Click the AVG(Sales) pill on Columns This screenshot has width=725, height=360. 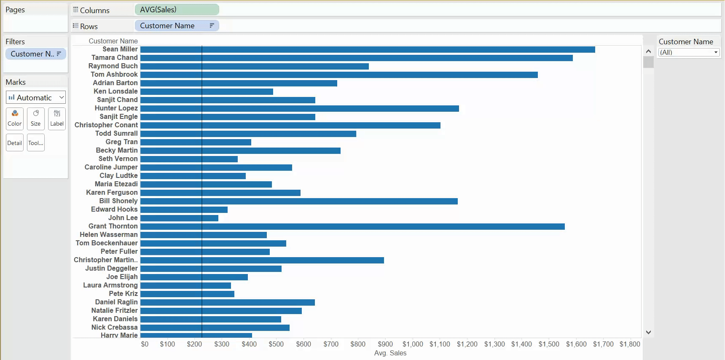click(x=176, y=10)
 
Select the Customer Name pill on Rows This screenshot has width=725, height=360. click(x=176, y=26)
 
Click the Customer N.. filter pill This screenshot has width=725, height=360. click(x=35, y=54)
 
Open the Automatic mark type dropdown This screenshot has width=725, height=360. click(x=36, y=97)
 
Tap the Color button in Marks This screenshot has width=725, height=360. click(x=15, y=118)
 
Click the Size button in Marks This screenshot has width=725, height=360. click(x=36, y=118)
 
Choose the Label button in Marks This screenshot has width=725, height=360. click(x=57, y=118)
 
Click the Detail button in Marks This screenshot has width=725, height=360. click(x=15, y=143)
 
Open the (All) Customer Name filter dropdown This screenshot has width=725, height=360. click(x=689, y=52)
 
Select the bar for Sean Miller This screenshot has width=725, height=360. click(x=367, y=49)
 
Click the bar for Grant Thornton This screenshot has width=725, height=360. click(x=352, y=226)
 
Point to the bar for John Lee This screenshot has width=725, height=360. click(x=179, y=218)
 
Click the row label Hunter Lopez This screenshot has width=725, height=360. click(x=116, y=108)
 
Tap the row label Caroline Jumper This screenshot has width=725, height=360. click(x=111, y=167)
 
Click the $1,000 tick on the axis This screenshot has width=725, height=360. click(x=413, y=344)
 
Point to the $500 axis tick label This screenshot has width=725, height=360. click(x=276, y=344)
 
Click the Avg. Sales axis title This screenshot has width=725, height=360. click(x=390, y=353)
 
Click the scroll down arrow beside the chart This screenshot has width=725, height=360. click(x=648, y=332)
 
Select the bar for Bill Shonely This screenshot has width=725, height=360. click(x=298, y=201)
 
